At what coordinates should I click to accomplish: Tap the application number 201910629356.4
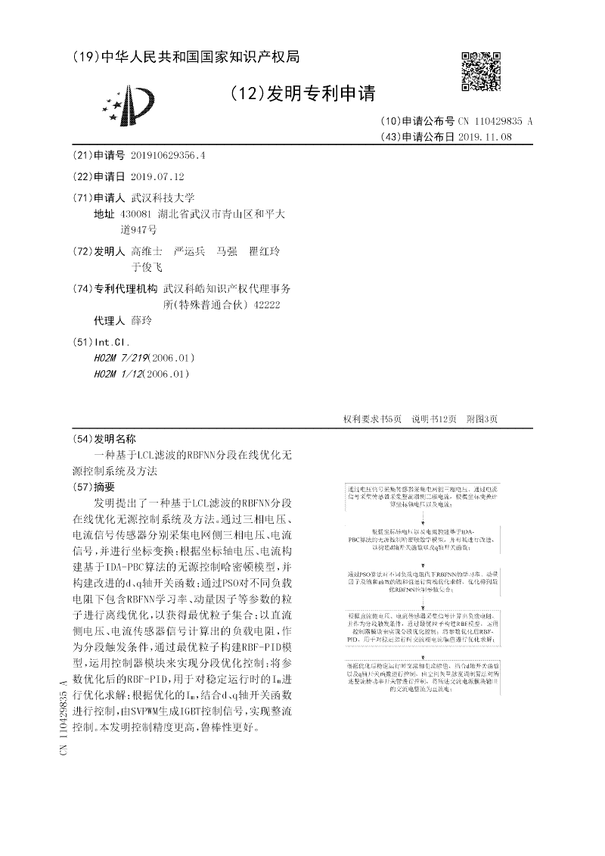click(168, 155)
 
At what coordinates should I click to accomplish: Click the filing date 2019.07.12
click(157, 176)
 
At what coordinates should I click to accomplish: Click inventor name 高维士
click(147, 251)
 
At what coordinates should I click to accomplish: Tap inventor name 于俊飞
click(147, 267)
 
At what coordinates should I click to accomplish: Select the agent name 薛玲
click(141, 320)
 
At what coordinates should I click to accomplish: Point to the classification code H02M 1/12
click(119, 374)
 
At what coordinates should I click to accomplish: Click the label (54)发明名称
click(104, 439)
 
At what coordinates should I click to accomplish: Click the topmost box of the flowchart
click(422, 495)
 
